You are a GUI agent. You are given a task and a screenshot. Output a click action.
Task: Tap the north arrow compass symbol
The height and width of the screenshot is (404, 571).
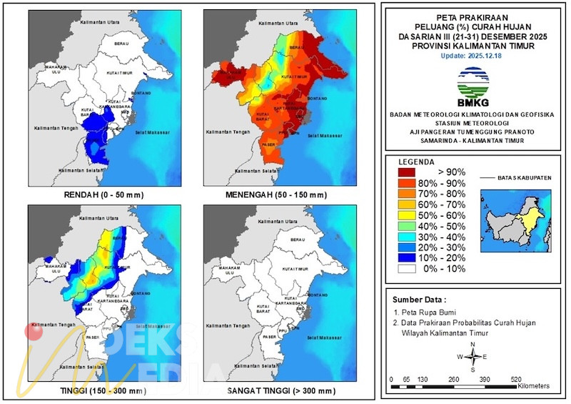pyautogui.click(x=473, y=356)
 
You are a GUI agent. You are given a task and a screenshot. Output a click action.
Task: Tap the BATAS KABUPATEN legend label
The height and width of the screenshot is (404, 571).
pyautogui.click(x=525, y=177)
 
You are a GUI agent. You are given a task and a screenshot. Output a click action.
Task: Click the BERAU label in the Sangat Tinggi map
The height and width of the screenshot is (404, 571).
pyautogui.click(x=298, y=239)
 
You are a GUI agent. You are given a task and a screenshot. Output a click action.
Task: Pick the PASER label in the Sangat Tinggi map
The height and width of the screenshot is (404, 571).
pyautogui.click(x=268, y=335)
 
